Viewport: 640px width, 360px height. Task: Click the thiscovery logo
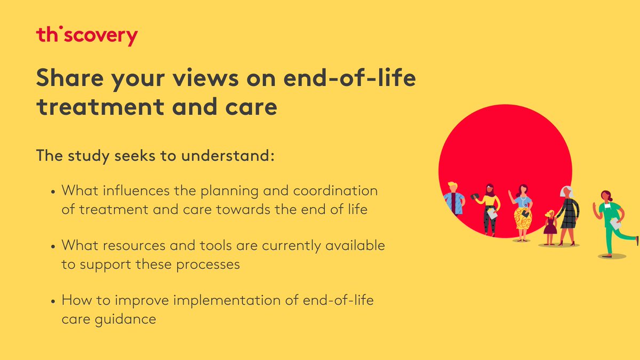pyautogui.click(x=87, y=36)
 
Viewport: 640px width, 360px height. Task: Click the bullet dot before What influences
pyautogui.click(x=53, y=192)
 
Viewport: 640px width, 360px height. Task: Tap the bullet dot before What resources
pyautogui.click(x=53, y=247)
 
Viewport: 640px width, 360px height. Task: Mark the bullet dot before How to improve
pyautogui.click(x=53, y=302)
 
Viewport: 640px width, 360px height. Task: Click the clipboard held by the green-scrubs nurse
pyautogui.click(x=616, y=225)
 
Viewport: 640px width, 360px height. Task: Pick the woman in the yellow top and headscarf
pyautogui.click(x=489, y=208)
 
